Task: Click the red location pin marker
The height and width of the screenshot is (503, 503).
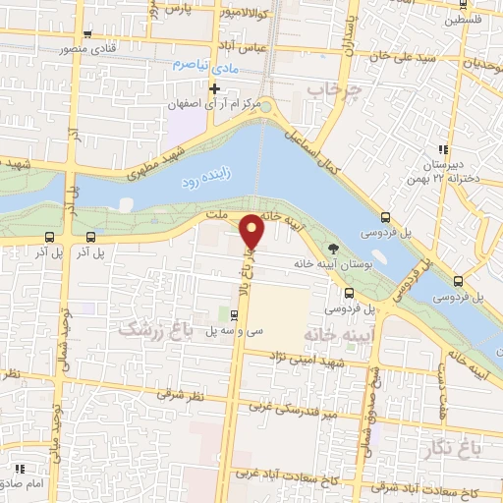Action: [253, 231]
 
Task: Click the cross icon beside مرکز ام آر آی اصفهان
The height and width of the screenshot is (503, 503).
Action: [214, 88]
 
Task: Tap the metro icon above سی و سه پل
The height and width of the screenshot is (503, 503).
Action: [233, 315]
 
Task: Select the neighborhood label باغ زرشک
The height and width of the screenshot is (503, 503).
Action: [152, 328]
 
